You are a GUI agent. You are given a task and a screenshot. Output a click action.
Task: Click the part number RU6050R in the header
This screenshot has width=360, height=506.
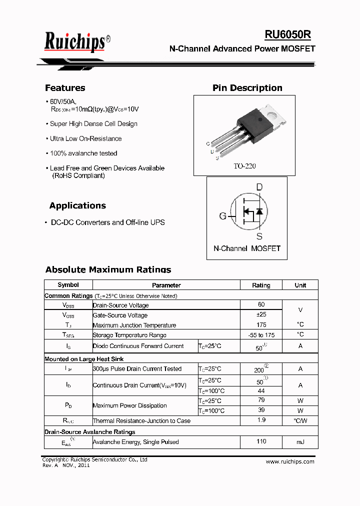click(x=288, y=34)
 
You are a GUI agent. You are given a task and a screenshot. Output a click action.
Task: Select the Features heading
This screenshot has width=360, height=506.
click(x=65, y=88)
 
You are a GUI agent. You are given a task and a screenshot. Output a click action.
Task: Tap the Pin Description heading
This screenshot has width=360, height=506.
click(x=247, y=88)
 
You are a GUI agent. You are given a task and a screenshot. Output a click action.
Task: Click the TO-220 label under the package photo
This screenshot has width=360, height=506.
click(x=244, y=165)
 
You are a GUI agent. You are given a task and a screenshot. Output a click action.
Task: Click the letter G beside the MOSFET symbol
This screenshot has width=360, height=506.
click(x=223, y=216)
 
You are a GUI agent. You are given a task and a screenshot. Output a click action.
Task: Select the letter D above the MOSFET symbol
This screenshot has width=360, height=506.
click(x=259, y=187)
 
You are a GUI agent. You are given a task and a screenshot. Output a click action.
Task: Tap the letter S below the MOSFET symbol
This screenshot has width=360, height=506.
click(x=259, y=236)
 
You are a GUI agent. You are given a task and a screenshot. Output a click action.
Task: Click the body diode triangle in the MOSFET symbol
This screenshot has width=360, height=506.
click(x=259, y=211)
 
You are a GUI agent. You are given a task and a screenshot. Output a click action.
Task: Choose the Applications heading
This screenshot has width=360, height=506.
click(x=77, y=205)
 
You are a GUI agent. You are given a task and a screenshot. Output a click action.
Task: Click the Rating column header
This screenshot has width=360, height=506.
click(x=261, y=285)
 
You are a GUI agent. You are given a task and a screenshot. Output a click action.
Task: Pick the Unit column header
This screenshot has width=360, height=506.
click(x=300, y=285)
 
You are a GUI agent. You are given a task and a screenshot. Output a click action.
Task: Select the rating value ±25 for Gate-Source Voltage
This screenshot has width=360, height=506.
click(x=261, y=314)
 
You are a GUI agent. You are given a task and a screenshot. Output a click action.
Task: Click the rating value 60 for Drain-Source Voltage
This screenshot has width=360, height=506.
click(x=261, y=304)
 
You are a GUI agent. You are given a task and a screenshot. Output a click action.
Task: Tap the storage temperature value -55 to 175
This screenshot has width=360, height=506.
click(x=261, y=334)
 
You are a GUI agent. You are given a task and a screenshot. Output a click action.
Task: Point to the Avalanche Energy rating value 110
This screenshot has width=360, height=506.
click(x=261, y=441)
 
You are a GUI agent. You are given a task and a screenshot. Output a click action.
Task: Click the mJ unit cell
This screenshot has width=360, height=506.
click(x=300, y=442)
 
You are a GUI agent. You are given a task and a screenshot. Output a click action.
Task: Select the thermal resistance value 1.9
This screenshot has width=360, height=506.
click(x=261, y=420)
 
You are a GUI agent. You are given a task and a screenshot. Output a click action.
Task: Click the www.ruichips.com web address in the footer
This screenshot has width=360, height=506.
click(x=290, y=461)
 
